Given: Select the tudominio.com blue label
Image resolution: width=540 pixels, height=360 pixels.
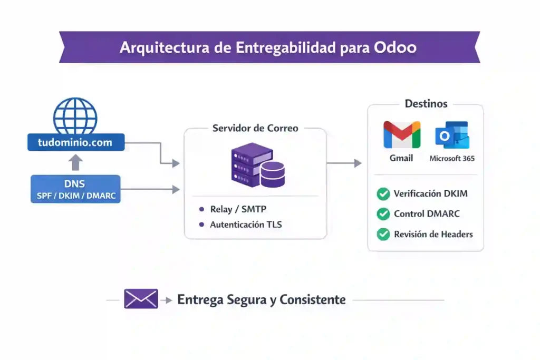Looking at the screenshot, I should point(75,142).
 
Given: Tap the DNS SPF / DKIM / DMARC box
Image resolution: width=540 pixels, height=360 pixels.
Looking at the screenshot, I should point(75,189).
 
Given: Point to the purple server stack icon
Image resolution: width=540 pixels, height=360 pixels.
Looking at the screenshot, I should point(258,164).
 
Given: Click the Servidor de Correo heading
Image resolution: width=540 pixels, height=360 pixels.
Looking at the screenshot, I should point(255,128).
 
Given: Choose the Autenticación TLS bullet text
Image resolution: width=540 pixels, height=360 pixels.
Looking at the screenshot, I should point(246,225).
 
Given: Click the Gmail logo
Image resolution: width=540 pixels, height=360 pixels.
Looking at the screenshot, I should point(402,135).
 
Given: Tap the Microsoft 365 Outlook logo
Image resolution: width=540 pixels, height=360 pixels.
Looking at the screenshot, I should point(452,135).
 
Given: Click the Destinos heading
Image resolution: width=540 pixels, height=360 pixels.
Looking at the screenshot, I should point(426,104).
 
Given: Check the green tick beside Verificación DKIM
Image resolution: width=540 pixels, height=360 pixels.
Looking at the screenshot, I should point(383,194).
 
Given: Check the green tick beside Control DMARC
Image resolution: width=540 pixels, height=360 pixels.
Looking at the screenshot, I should point(383,214).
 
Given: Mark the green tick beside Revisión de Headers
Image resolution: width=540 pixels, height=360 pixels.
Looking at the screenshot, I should point(383,234).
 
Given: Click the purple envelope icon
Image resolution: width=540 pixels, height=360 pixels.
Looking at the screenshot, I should point(141,299).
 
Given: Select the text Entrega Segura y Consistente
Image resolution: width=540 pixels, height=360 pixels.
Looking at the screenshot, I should point(262,300).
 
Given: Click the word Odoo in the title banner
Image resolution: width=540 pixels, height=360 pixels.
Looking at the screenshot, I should point(395,47).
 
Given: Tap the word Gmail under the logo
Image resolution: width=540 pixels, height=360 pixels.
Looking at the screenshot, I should point(401,158).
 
